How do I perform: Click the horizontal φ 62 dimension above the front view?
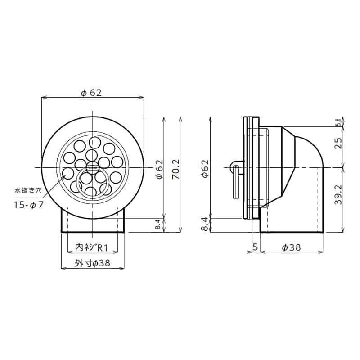(x=91, y=93)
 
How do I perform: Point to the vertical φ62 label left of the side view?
(x=205, y=169)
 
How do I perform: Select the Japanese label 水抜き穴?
(x=27, y=191)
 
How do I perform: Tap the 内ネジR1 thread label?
(x=92, y=247)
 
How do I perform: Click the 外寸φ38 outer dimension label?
(x=92, y=264)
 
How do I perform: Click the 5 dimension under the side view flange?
(x=255, y=247)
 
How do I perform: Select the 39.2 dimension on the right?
(x=339, y=195)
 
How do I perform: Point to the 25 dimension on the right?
(x=339, y=143)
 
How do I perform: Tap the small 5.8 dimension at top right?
(x=338, y=122)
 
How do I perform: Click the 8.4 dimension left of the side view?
(x=205, y=225)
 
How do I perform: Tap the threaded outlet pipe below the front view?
(x=92, y=220)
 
